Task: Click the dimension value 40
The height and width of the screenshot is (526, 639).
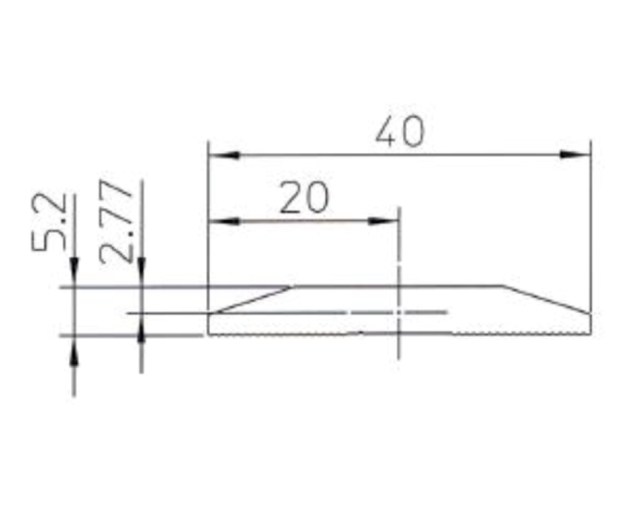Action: [x=399, y=132]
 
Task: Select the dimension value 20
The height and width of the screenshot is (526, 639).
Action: [x=303, y=198]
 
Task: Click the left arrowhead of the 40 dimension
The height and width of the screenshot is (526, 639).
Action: [x=224, y=154]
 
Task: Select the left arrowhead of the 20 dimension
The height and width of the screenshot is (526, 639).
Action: [x=224, y=221]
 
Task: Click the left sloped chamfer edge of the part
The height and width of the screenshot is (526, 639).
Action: [x=252, y=299]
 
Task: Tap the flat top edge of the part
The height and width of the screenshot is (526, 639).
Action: [x=399, y=286]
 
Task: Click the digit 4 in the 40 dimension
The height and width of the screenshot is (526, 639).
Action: [x=387, y=132]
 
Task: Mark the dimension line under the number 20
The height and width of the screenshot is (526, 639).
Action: [x=303, y=221]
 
